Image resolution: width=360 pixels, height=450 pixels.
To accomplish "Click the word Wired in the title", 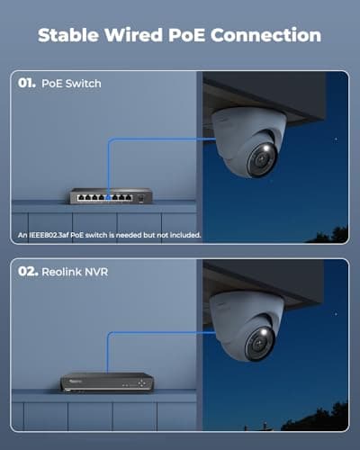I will pyautogui.click(x=137, y=35).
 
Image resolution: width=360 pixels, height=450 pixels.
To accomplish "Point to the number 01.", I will pyautogui.click(x=26, y=84).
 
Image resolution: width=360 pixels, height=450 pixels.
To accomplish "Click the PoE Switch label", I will pyautogui.click(x=71, y=84).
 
